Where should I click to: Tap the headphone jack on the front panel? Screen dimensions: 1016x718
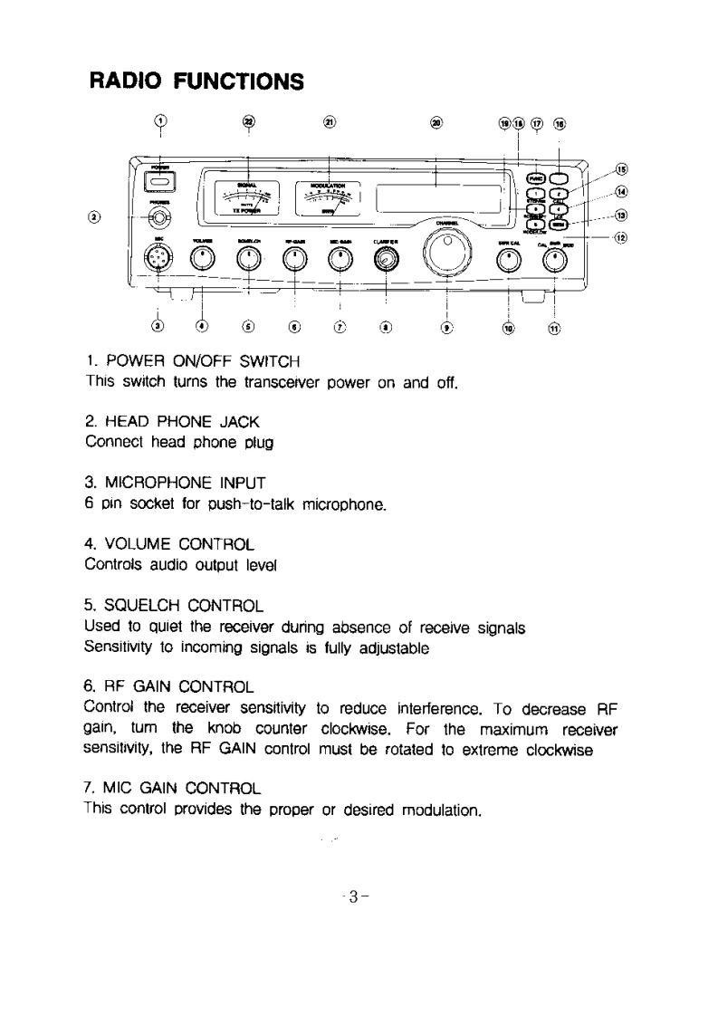click(x=160, y=217)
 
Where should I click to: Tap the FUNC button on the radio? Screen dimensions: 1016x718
click(x=536, y=177)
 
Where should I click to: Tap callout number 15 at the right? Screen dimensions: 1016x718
click(x=620, y=168)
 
